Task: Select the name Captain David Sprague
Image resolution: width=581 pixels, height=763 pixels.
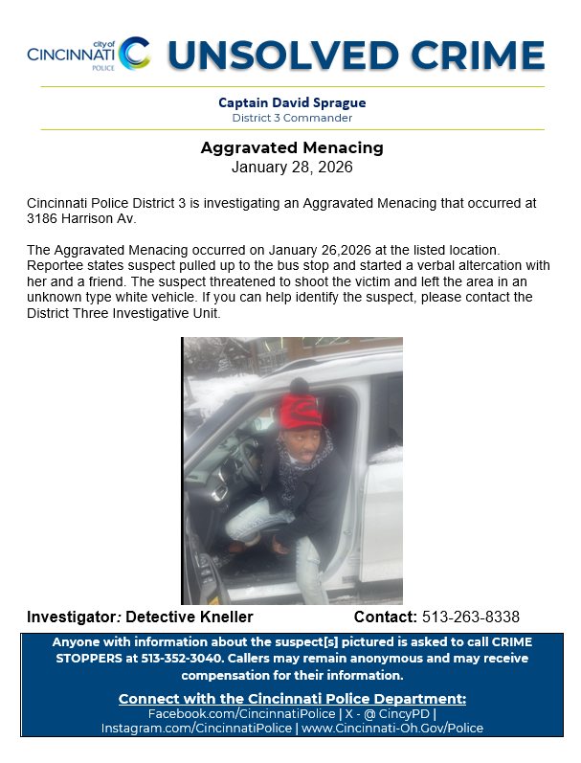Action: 292,102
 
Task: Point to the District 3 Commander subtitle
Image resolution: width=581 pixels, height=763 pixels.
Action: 292,118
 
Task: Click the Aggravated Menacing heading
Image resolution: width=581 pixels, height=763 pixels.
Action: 292,148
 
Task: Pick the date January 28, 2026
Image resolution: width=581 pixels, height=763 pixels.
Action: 292,167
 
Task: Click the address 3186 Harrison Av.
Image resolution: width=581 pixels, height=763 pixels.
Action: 82,218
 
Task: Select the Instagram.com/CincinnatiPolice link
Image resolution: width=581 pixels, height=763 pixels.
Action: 196,729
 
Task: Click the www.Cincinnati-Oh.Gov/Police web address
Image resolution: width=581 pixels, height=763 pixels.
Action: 392,729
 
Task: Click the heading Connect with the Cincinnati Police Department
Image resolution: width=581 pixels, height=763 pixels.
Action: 292,698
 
